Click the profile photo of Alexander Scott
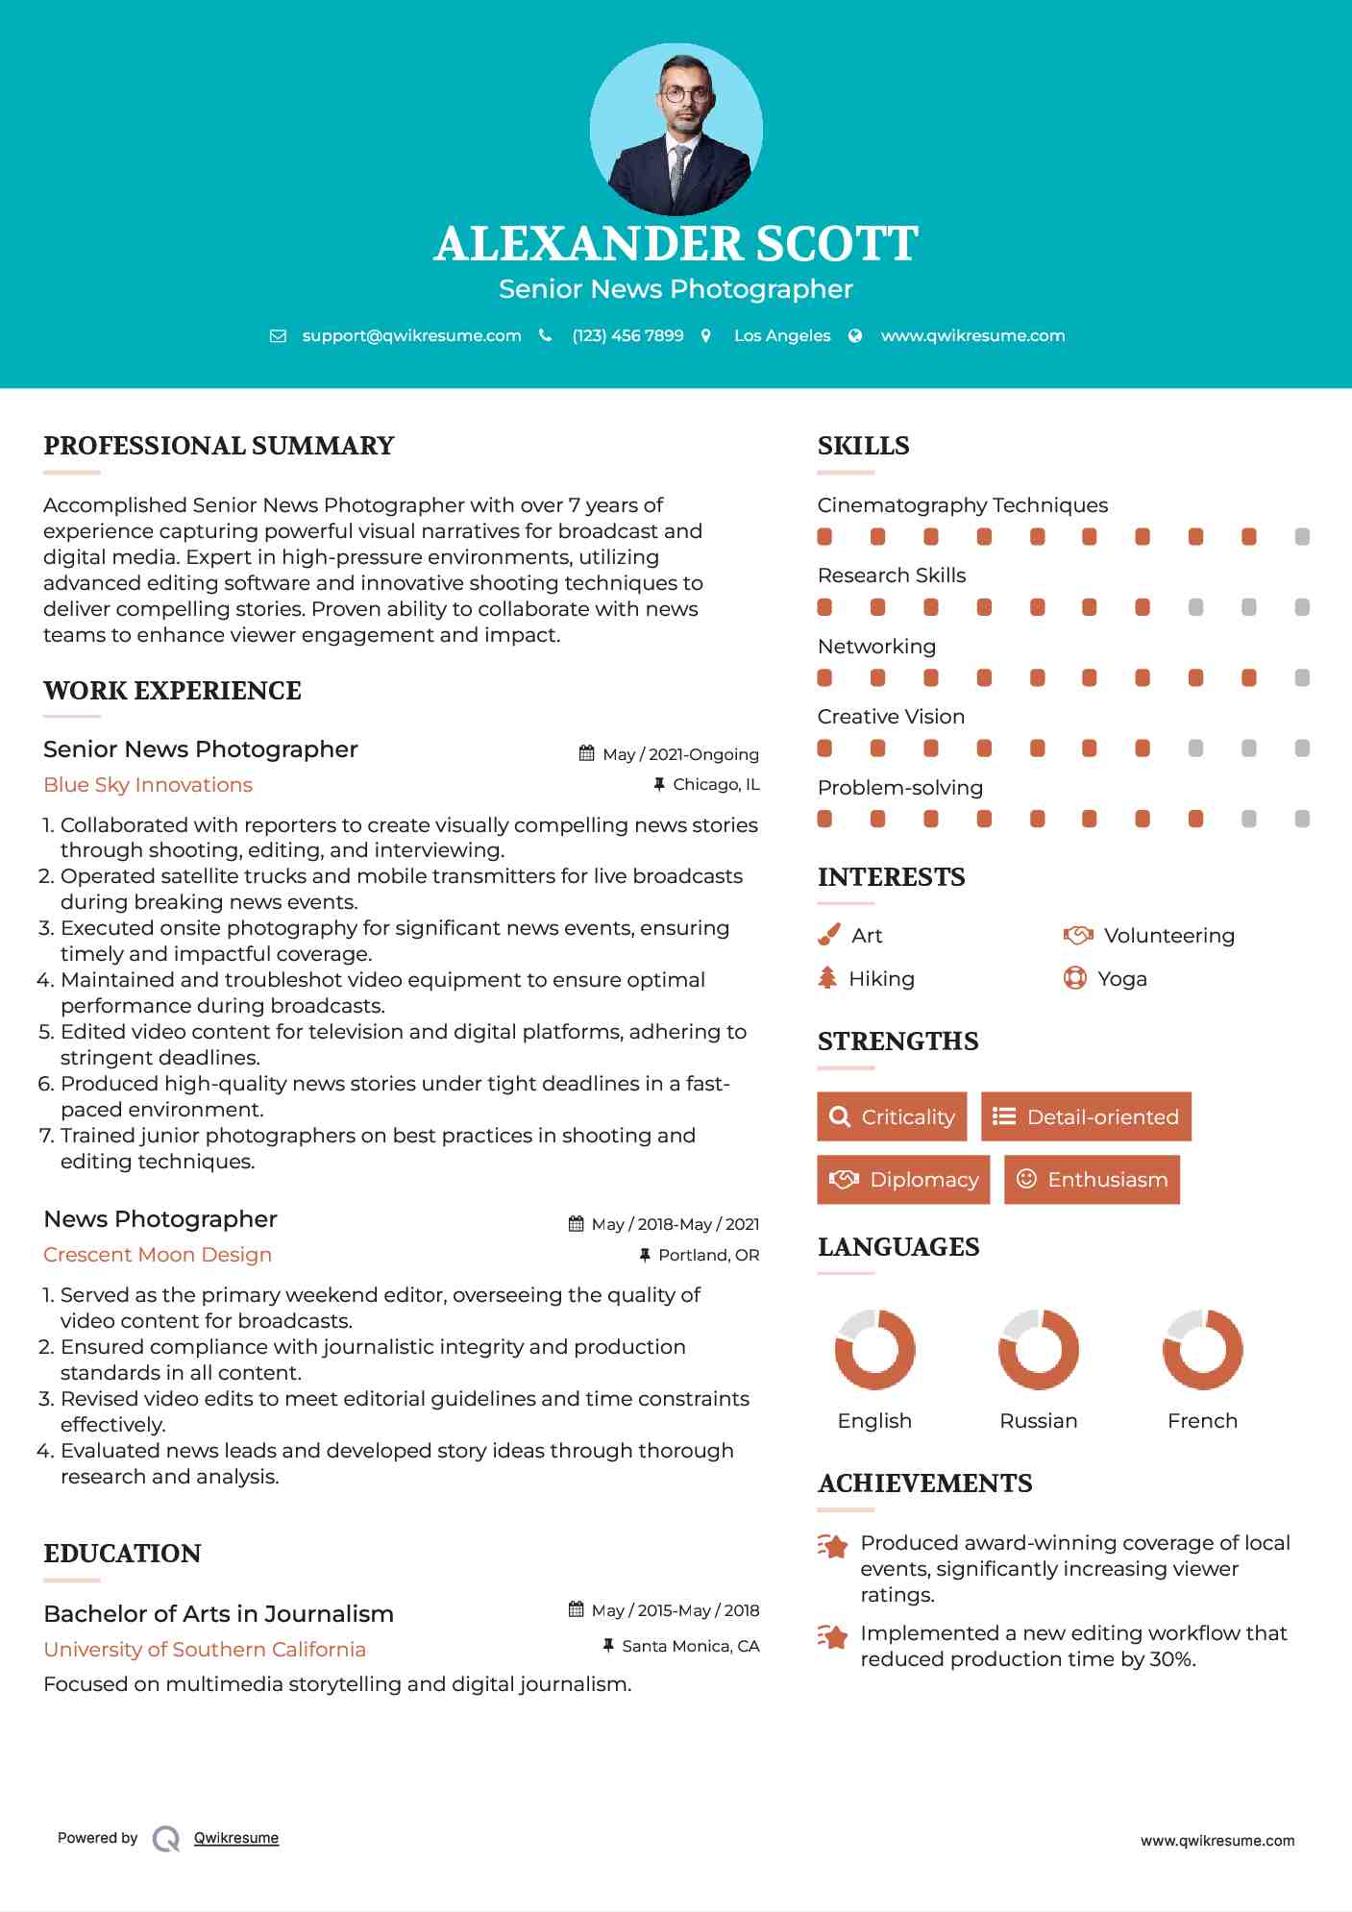coord(676,129)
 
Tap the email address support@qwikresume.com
coord(411,335)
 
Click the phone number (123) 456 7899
coord(627,335)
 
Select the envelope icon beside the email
coord(278,335)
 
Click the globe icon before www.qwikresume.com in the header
coord(855,335)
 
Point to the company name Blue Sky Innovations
coord(148,785)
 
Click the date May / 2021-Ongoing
coord(680,754)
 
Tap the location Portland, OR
coord(708,1255)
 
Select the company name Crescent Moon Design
coord(158,1255)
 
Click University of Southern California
coord(205,1650)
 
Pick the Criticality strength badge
coord(892,1116)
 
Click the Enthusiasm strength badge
coord(1092,1179)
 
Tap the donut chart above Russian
coord(1038,1349)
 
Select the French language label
coord(1202,1421)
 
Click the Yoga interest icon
coord(1074,978)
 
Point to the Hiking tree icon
coord(827,978)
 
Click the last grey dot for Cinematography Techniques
coord(1302,537)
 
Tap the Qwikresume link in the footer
coord(236,1838)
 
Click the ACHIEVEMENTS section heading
coord(924,1483)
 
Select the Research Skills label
coord(892,576)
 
